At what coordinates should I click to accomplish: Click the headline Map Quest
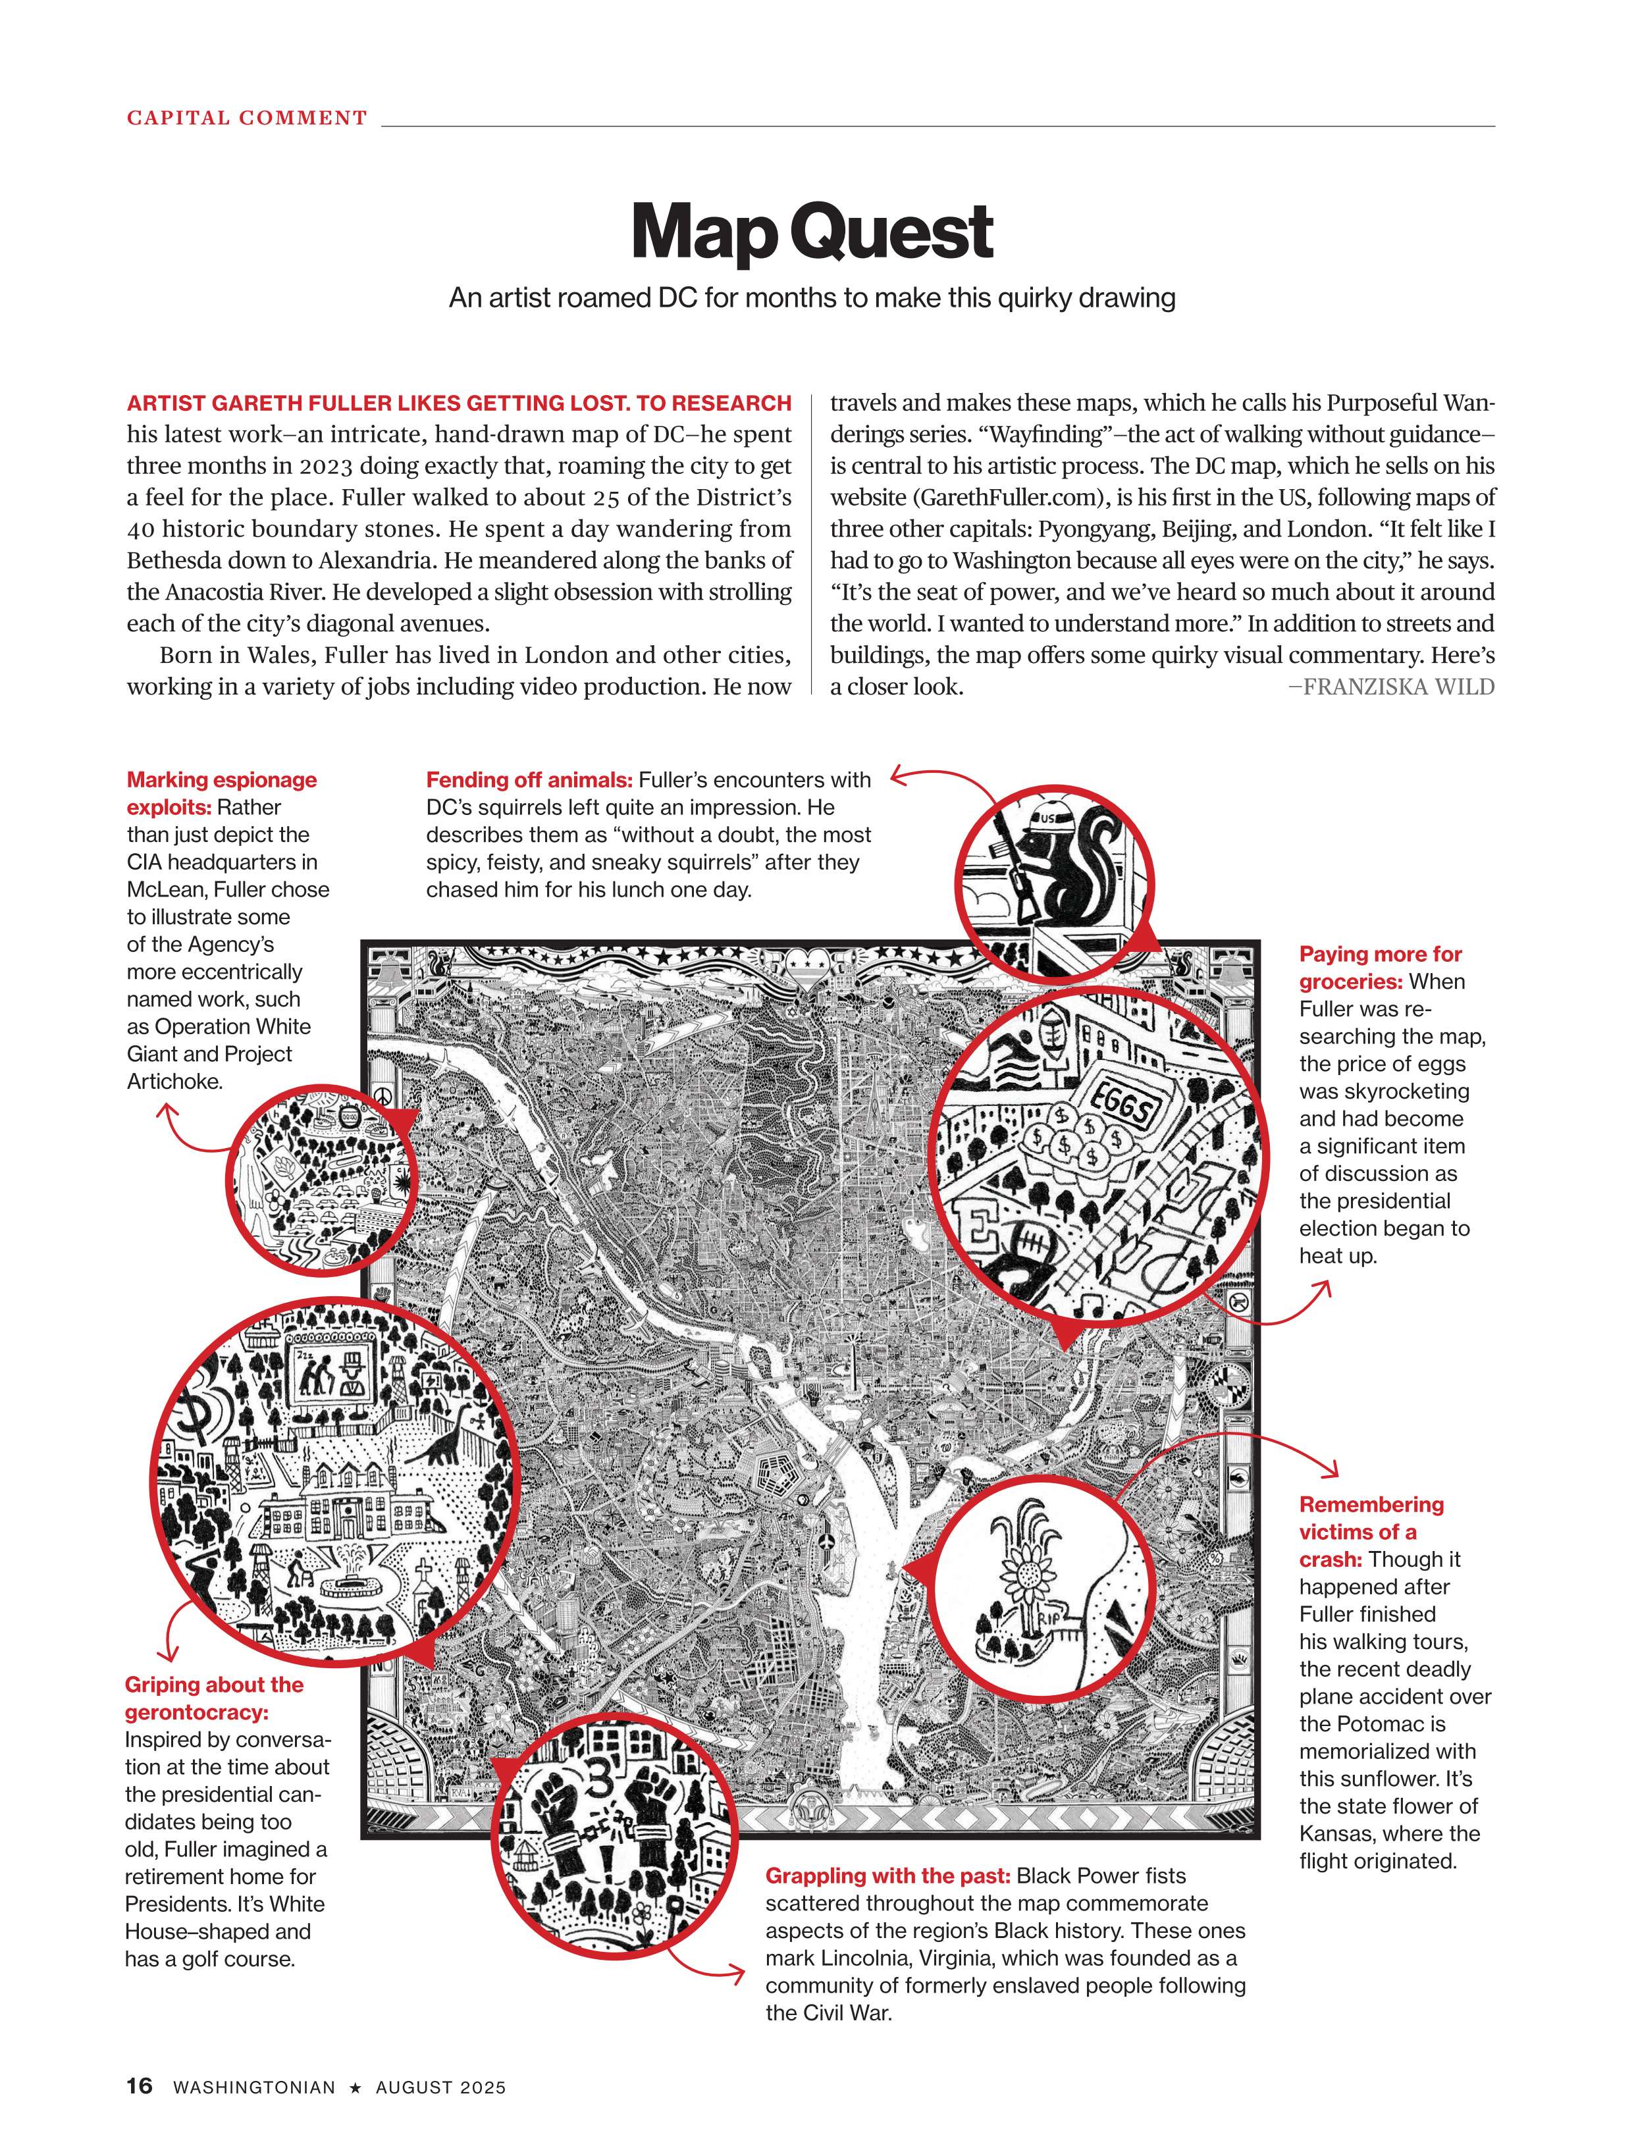[x=812, y=232]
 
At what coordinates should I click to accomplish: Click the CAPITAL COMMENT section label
[x=246, y=118]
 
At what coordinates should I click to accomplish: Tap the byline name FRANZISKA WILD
[x=1398, y=687]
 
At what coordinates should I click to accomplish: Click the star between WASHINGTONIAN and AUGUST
[x=356, y=2087]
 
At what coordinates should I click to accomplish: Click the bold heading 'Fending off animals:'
[x=529, y=780]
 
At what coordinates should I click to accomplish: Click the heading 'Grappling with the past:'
[x=887, y=1876]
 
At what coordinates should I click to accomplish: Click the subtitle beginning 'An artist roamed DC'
[x=812, y=298]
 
